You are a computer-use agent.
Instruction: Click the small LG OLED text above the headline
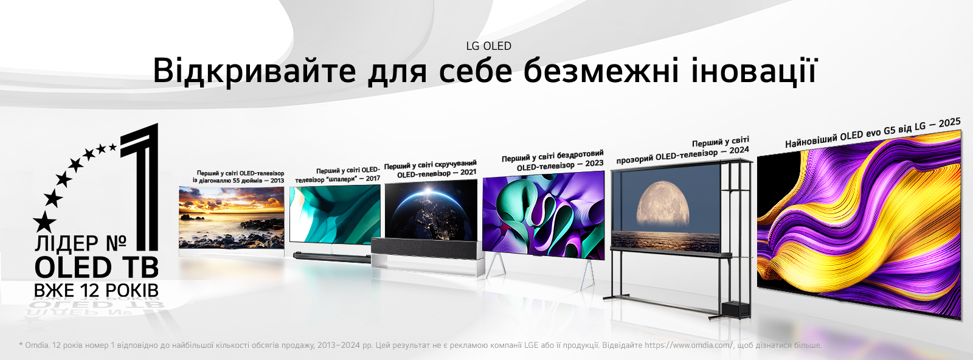click(489, 46)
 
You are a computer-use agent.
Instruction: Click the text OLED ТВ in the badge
click(96, 268)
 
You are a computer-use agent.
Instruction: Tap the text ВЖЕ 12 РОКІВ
click(96, 291)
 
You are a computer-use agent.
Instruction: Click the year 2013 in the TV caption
click(277, 181)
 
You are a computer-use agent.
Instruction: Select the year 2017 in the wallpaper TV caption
click(372, 178)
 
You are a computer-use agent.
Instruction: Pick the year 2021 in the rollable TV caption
click(468, 172)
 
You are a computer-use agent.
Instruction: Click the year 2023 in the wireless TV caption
click(594, 163)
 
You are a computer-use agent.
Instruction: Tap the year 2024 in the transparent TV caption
click(739, 150)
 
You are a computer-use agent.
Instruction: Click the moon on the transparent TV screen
click(662, 204)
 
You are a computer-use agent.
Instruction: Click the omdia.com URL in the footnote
click(688, 345)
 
